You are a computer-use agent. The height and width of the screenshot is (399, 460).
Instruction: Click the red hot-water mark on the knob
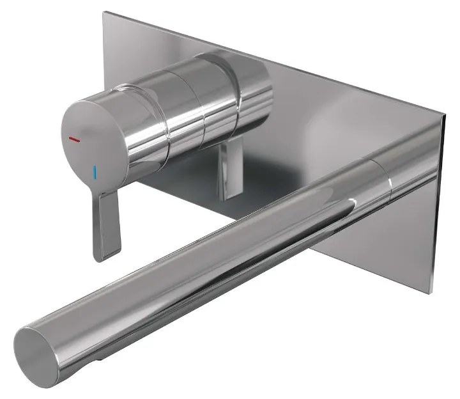(x=75, y=138)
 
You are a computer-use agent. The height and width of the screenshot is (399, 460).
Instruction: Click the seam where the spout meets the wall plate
(x=388, y=177)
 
